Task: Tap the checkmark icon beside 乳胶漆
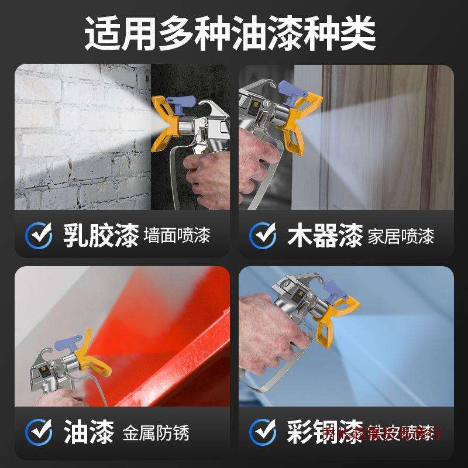[x=39, y=236]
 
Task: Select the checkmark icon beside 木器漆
[x=263, y=236]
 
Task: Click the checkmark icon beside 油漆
[x=39, y=433]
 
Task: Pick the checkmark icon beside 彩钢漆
[x=263, y=433]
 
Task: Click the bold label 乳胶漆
[x=100, y=236]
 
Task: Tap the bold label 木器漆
[x=325, y=236]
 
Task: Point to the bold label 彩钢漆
[x=325, y=433]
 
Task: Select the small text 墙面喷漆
[x=176, y=237]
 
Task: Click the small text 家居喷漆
[x=401, y=237]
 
